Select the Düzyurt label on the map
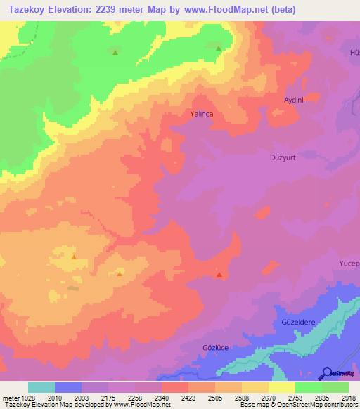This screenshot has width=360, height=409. click(x=286, y=157)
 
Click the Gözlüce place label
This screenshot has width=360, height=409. click(x=216, y=348)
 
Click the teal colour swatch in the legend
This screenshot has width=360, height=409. click(x=41, y=387)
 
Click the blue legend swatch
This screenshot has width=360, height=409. click(x=68, y=387)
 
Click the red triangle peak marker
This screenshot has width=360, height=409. click(x=219, y=275)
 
